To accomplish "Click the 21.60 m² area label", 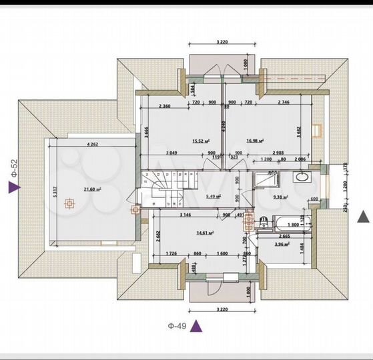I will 91,189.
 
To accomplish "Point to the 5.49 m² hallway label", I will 214,196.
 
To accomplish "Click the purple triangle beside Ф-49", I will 197,325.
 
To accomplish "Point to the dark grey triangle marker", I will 363,216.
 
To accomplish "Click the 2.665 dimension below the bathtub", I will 284,236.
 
